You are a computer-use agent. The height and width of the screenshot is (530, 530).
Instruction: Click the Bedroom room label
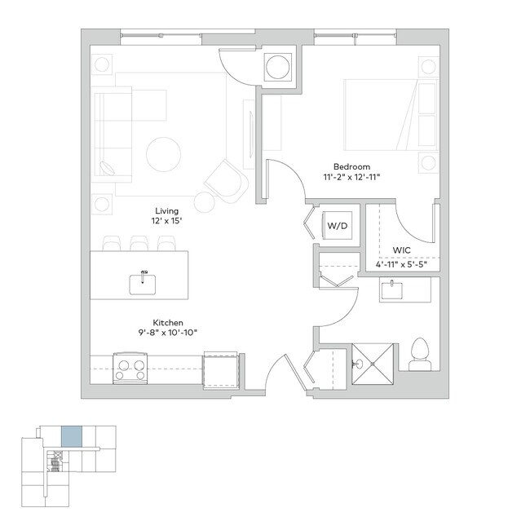point(351,166)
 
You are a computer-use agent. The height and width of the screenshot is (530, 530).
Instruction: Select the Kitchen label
point(167,322)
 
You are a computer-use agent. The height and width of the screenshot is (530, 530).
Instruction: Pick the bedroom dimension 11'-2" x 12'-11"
point(351,177)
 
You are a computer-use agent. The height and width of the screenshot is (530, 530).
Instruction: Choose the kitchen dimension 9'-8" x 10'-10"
point(167,333)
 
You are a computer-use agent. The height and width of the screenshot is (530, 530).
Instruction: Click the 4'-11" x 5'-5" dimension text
point(406,265)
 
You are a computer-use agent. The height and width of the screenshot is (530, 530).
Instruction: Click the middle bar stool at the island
point(139,243)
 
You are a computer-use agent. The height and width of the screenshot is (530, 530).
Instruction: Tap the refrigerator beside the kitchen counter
point(220,368)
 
